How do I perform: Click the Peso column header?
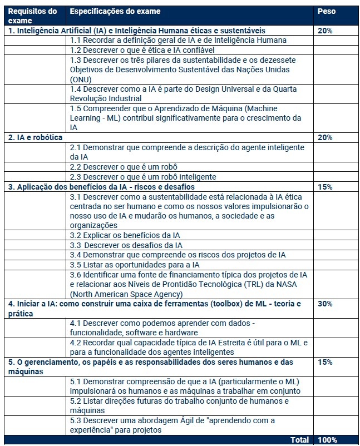tap(326, 12)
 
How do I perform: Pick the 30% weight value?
tap(325, 304)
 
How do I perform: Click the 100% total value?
tap(327, 440)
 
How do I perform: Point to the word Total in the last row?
tap(300, 440)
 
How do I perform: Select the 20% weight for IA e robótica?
tap(325, 137)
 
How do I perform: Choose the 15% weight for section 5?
tap(325, 362)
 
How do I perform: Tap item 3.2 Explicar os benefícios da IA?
tap(125, 235)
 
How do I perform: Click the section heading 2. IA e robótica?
tap(34, 137)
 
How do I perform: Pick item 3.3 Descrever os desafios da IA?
tap(126, 245)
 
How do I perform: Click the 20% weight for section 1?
tap(325, 31)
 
